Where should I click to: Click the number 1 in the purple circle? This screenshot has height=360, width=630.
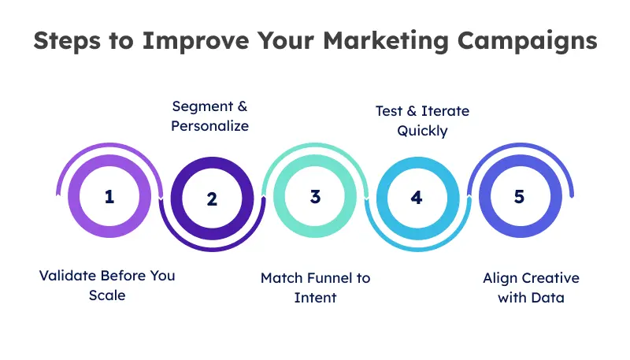[x=109, y=196]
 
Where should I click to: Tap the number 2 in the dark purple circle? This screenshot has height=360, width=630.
[x=212, y=199]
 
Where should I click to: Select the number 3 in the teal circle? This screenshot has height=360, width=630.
[x=315, y=196]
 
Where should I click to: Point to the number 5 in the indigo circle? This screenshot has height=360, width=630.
[x=519, y=196]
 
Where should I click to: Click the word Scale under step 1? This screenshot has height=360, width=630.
[x=108, y=296]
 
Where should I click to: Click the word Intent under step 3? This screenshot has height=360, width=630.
[x=315, y=298]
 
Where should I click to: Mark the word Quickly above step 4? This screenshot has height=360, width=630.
[x=422, y=131]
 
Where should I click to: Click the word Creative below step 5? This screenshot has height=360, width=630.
[x=547, y=278]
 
